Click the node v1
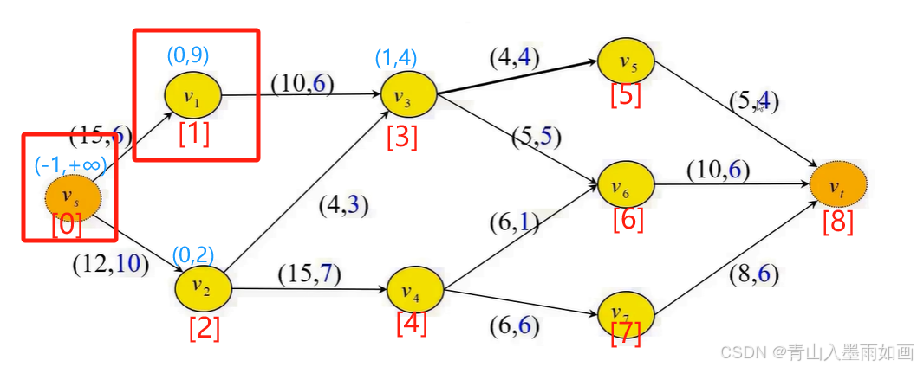click(x=193, y=96)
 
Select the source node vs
click(x=74, y=197)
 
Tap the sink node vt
click(x=838, y=186)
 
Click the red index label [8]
click(x=838, y=222)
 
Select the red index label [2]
click(x=205, y=328)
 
